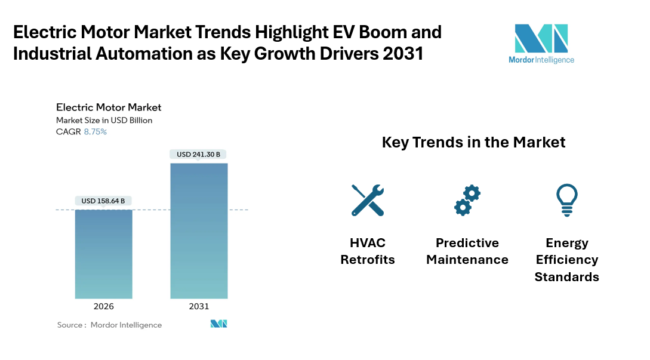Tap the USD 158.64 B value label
tap(103, 201)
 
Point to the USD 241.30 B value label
tap(199, 155)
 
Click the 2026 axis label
tap(103, 306)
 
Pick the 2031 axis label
tap(199, 306)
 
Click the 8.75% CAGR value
tap(95, 131)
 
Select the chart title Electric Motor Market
tap(109, 107)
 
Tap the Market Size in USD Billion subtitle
tap(104, 120)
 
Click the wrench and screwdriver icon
tap(367, 200)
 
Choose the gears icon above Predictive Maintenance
tap(467, 200)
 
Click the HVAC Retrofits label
tap(367, 251)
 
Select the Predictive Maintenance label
tap(467, 251)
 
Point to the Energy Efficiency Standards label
tap(566, 260)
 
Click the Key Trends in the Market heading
tap(473, 143)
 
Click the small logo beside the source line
tap(218, 324)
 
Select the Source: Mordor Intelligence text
tap(109, 325)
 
